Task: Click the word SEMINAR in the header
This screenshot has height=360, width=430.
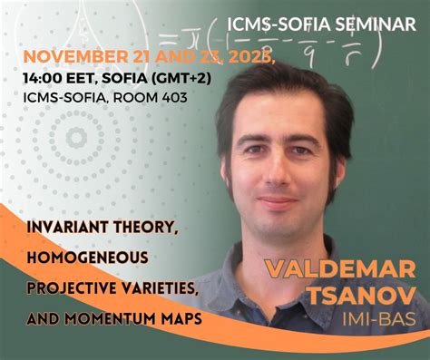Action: coord(375,24)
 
